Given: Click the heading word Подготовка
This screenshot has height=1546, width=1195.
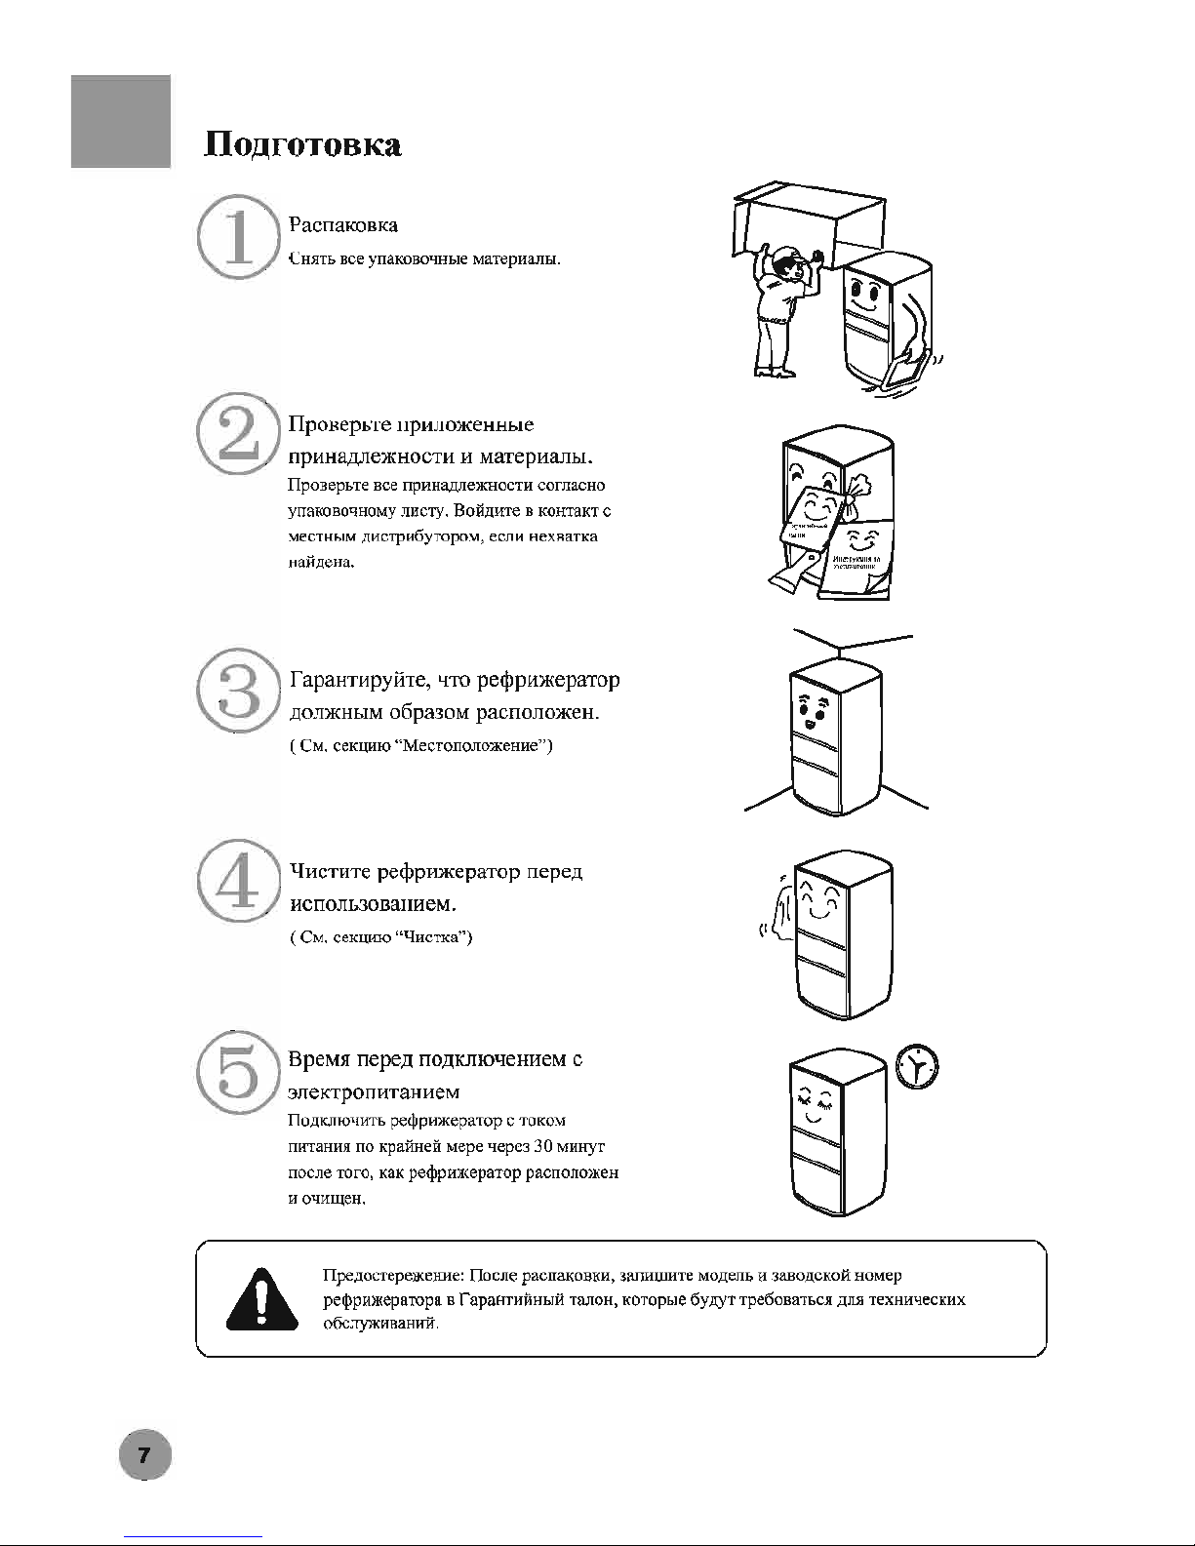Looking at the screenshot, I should [x=302, y=145].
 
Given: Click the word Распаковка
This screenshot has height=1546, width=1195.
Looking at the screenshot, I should [x=343, y=225].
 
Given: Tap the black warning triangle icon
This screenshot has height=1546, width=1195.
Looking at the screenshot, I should [x=260, y=1299].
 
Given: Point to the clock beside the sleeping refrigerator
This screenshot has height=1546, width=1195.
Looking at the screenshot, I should [x=917, y=1068].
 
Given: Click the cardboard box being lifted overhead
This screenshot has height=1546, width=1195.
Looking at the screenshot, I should [x=808, y=220].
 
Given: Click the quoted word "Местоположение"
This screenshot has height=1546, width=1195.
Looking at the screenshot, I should [x=475, y=747].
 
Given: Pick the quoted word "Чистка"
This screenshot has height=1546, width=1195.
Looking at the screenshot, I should [x=436, y=937].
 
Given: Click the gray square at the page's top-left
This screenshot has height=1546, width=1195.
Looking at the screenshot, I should [x=121, y=121].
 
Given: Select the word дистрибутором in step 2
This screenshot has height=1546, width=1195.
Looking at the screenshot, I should [x=424, y=537].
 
